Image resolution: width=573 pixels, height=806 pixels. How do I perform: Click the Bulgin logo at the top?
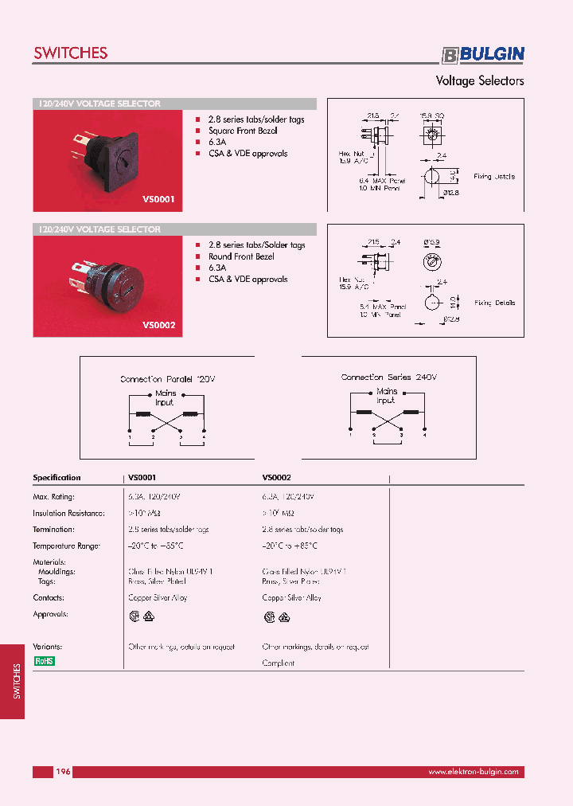[x=483, y=54]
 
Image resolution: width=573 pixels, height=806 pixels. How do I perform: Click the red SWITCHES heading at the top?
[x=70, y=53]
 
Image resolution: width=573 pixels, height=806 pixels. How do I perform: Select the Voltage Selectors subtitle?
[x=479, y=81]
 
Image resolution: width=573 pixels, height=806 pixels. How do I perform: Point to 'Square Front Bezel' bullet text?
[x=243, y=131]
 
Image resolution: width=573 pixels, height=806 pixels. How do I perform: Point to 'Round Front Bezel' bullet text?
[x=242, y=256]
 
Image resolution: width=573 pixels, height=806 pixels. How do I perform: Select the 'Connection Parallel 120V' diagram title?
[x=168, y=379]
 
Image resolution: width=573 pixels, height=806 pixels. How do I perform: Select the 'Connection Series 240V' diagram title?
[x=389, y=377]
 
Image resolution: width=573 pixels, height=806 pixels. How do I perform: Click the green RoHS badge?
[x=44, y=661]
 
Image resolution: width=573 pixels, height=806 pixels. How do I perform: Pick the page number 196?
[x=64, y=772]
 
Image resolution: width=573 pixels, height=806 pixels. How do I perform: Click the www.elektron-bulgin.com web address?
[x=473, y=772]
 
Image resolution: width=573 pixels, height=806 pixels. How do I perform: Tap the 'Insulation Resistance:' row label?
[x=68, y=513]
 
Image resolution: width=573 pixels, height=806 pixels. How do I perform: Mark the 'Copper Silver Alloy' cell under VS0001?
[x=158, y=597]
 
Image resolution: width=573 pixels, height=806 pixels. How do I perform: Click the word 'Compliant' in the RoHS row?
[x=279, y=663]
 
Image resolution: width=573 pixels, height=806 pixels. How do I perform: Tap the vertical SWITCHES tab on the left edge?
[x=17, y=681]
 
